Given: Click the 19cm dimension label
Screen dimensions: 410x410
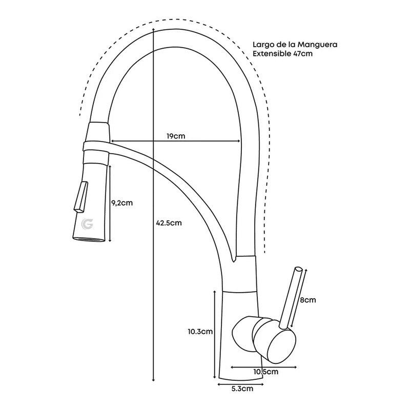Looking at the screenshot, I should click(176, 136).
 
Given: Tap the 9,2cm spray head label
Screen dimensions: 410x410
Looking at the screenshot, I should click(122, 202).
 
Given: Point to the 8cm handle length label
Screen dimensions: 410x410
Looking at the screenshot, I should click(308, 300).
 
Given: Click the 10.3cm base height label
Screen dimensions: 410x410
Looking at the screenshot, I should click(200, 332).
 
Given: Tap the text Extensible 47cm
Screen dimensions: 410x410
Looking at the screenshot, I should click(282, 53).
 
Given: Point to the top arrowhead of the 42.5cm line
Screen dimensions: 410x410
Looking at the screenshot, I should click(154, 31).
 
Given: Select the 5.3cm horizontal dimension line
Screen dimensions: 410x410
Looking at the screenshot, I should click(241, 383).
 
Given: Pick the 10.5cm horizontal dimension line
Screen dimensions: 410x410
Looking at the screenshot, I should click(261, 366).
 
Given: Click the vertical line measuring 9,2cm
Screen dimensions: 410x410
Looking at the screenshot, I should click(109, 202).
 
